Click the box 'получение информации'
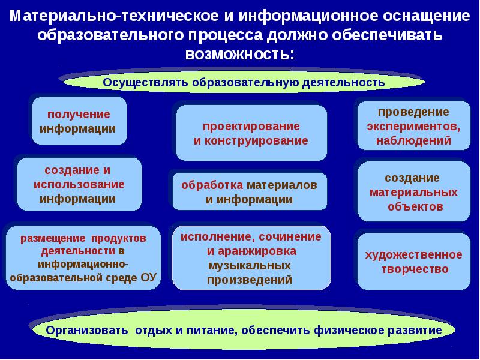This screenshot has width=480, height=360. (79, 121)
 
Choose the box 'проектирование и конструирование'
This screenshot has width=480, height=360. (251, 133)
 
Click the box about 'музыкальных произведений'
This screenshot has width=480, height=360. (251, 257)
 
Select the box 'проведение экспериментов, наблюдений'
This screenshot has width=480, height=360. (413, 126)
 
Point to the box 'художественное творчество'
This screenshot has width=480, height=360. (413, 262)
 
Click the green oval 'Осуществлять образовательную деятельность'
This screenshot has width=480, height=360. (243, 82)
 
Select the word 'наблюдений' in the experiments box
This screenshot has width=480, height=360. (413, 142)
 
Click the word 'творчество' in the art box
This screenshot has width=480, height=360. (414, 269)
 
